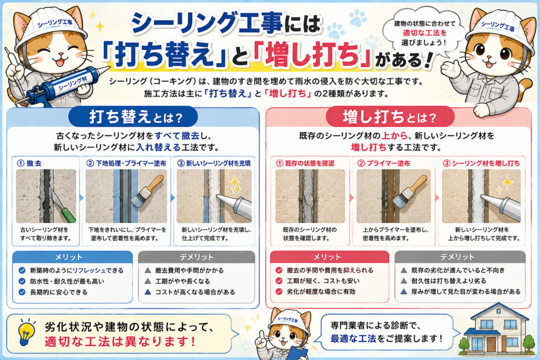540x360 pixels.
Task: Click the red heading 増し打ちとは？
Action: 390,117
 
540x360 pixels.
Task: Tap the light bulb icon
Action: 26,332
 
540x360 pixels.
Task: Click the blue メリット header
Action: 72,257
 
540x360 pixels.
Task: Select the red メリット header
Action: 329,257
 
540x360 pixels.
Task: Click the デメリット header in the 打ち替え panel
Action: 196,257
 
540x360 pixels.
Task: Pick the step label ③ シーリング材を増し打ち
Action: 481,163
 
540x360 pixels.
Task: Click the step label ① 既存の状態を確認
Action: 305,163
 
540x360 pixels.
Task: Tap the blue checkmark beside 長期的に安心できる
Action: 22,292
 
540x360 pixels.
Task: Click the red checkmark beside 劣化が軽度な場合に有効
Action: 279,291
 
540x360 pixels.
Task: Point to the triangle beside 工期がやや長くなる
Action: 148,281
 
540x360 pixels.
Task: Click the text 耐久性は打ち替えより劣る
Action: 449,281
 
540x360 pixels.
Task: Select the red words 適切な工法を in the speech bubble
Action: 425,33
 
